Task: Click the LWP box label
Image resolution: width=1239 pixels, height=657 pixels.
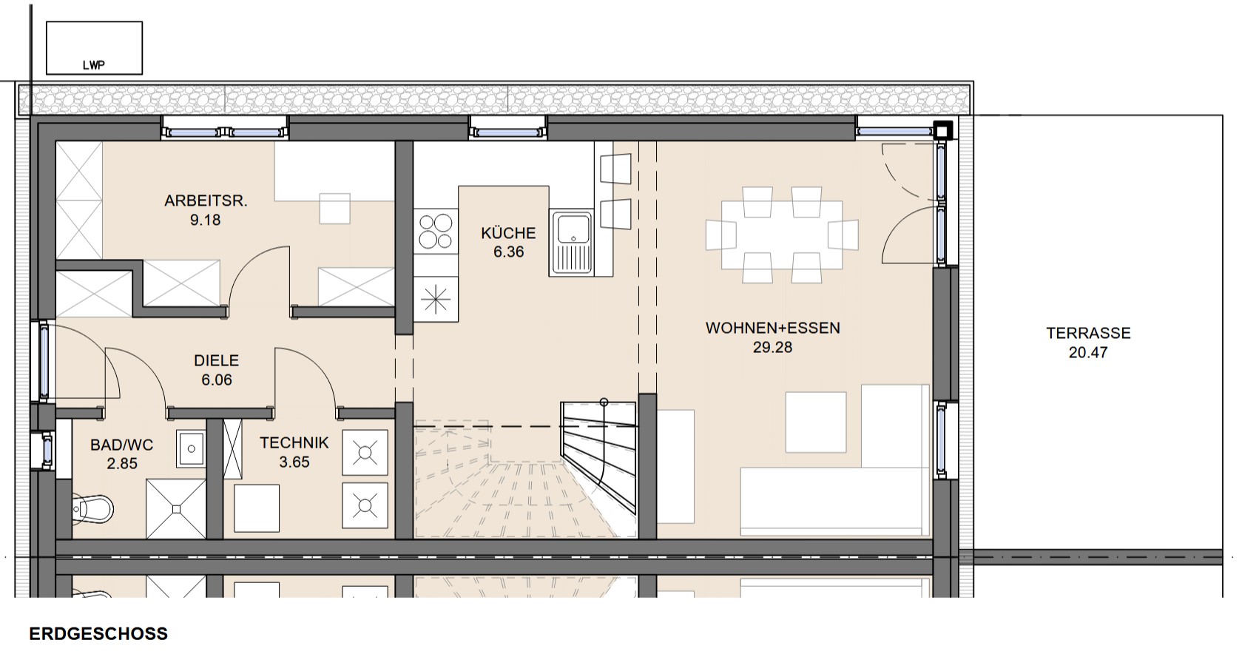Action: pos(93,65)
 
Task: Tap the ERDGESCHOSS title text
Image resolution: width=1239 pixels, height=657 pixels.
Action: pos(98,634)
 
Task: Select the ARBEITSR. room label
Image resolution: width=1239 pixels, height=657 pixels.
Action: pos(206,201)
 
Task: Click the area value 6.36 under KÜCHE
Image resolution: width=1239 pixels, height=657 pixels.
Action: pos(508,252)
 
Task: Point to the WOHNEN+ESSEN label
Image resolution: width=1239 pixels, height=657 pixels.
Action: pos(773,328)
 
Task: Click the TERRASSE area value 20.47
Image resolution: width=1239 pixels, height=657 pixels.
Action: pos(1088,353)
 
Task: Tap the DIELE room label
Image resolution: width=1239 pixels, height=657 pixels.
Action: pos(216,360)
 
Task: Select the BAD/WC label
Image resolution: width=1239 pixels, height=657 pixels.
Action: pos(122,445)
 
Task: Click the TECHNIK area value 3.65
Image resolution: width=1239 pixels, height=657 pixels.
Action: pos(294,462)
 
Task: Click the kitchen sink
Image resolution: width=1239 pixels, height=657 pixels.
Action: pos(571,243)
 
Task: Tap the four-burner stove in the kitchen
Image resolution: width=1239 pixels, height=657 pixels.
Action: pos(436,231)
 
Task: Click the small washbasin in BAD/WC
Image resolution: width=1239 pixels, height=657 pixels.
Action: pos(191,448)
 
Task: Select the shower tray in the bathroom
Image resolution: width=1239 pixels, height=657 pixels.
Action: pos(176,509)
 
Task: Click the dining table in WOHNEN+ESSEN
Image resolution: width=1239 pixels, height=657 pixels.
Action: pos(782,235)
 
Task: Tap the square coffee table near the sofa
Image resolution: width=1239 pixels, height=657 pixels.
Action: pos(816,422)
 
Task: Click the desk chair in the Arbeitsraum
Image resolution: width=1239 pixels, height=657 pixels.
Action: pos(335,209)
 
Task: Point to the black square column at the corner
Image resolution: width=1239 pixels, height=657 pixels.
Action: pos(943,131)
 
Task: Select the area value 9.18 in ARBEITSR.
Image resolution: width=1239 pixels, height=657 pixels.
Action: pos(205,220)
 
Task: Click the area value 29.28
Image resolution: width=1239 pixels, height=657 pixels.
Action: pos(773,347)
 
